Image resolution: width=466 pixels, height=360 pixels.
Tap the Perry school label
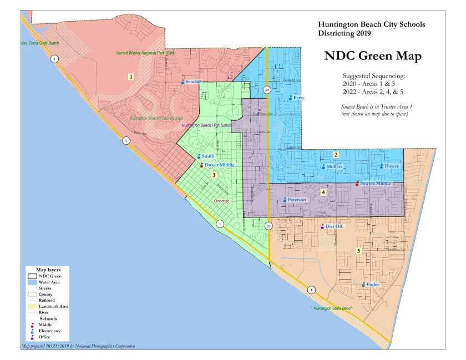(x=298, y=98)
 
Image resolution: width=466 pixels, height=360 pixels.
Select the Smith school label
(x=207, y=156)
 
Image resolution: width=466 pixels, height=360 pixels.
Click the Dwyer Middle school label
(x=219, y=165)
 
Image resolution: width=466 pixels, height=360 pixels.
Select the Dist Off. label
(x=334, y=226)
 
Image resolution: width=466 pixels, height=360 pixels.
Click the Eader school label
(x=372, y=285)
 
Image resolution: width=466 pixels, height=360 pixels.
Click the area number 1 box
(x=131, y=77)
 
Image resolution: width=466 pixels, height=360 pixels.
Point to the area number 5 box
(x=359, y=251)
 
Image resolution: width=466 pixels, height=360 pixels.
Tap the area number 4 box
(x=323, y=192)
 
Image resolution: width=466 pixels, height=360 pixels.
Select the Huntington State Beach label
(x=332, y=308)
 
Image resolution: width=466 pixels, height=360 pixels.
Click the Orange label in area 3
(x=221, y=201)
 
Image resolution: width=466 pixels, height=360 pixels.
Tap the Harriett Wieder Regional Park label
(x=145, y=53)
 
